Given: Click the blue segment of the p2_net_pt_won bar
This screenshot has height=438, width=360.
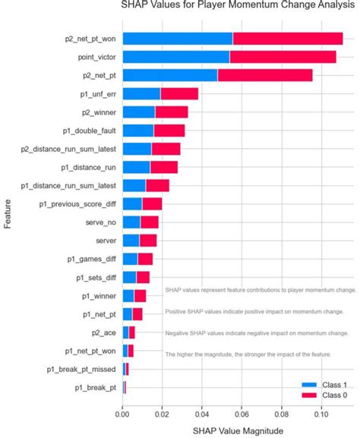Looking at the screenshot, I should coord(177,39).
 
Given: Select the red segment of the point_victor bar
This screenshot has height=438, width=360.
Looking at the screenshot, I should coord(283,57).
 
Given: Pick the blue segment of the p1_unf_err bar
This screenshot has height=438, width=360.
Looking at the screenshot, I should coord(141,94).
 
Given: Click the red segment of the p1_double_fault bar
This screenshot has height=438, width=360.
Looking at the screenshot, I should coord(169,131).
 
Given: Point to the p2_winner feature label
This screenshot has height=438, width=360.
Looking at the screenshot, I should coord(97,112).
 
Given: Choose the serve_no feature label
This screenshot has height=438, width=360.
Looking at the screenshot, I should coord(100,222).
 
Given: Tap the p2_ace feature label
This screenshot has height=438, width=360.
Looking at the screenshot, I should coord(103,332).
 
